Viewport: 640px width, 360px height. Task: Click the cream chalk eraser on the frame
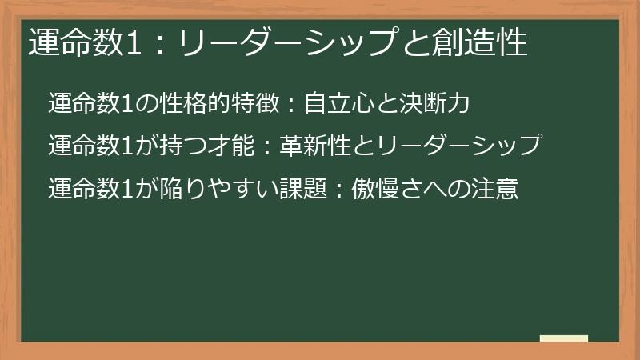point(564,338)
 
